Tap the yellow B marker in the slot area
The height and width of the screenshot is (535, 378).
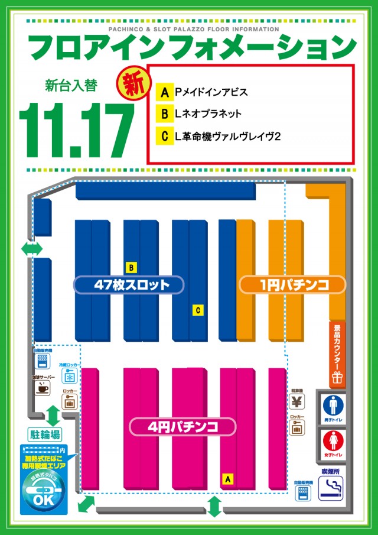132,266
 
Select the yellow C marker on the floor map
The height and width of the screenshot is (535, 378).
198,310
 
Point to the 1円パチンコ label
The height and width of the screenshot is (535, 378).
292,285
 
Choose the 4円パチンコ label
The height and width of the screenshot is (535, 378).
183,426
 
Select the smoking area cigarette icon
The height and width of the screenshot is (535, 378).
332,488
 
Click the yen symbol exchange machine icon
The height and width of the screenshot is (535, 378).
297,401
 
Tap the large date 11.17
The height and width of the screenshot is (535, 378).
76,130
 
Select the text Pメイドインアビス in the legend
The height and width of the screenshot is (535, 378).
211,93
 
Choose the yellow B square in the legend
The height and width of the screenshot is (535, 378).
164,115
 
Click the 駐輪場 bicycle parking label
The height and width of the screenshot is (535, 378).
45,435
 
